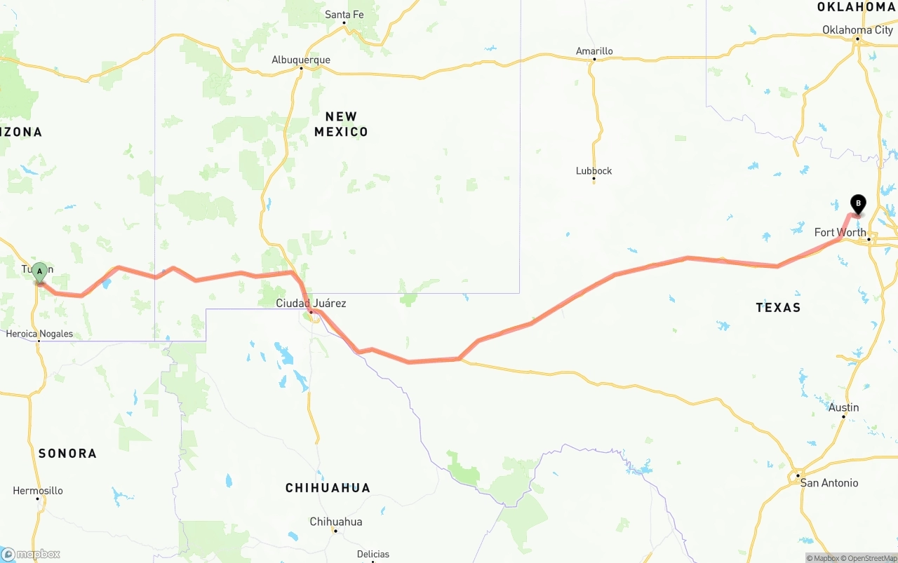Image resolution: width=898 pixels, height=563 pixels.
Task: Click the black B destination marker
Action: click(x=857, y=203)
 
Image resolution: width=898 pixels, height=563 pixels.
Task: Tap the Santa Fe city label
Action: click(x=344, y=14)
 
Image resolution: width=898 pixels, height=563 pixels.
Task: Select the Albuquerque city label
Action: click(x=301, y=60)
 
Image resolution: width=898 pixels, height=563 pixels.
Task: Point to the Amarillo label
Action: click(x=594, y=51)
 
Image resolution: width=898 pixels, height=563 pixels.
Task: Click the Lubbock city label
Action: click(x=594, y=170)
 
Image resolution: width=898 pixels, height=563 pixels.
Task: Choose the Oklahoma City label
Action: click(x=857, y=30)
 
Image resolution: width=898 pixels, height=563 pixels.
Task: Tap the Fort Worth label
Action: click(x=840, y=232)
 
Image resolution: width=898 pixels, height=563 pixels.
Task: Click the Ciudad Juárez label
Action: click(x=311, y=303)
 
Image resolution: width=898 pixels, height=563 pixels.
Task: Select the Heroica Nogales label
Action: click(x=39, y=334)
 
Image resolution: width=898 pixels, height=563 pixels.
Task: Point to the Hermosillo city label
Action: click(x=38, y=491)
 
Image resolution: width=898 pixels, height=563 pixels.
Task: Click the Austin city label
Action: click(x=843, y=407)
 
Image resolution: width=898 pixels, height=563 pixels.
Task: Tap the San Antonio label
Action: click(x=829, y=483)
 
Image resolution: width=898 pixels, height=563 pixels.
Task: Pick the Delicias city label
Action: click(x=373, y=554)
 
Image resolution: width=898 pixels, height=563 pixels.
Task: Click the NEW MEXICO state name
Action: click(x=341, y=124)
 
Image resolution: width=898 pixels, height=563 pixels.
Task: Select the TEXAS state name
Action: click(x=778, y=307)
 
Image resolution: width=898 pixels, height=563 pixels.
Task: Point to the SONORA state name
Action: click(x=67, y=454)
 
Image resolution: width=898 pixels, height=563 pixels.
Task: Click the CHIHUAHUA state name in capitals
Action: click(x=328, y=488)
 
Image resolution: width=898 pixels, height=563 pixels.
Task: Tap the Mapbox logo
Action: click(x=30, y=554)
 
